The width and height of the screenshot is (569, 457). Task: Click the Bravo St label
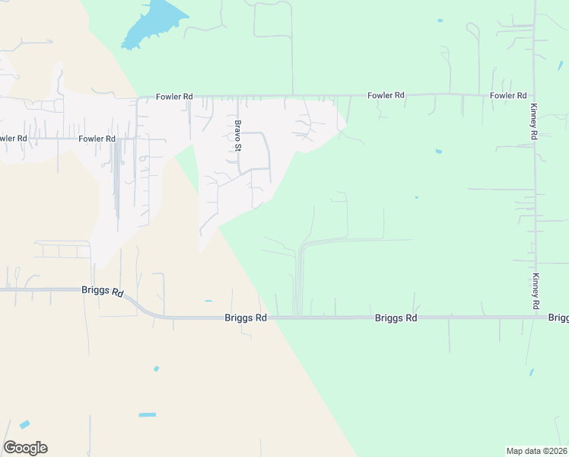pos(238,135)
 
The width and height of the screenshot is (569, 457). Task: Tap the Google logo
pos(25,448)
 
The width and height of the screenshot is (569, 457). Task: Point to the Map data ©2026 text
pos(536,451)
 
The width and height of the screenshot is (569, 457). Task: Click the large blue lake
pos(152,24)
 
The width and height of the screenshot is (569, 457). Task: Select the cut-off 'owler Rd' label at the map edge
pos(13,139)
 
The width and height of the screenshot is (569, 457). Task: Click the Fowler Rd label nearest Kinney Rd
pos(508,95)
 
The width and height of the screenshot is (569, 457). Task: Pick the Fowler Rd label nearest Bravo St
pos(174,97)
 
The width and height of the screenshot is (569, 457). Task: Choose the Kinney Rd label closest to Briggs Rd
pos(536,290)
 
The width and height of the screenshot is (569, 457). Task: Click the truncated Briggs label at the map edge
pos(558,318)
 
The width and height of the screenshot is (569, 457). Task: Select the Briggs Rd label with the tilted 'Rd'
pos(102,291)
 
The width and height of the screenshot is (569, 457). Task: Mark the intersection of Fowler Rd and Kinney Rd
pos(534,95)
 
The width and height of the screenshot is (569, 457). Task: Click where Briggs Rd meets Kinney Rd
pos(536,317)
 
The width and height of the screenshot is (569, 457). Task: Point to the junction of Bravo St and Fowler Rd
pos(237,97)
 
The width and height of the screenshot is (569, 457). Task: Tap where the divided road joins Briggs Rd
pos(298,317)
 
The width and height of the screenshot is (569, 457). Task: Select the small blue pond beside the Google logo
pos(25,424)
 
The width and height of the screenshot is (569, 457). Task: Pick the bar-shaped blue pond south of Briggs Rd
pos(148,414)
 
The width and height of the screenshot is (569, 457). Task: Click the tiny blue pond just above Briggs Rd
pos(208,302)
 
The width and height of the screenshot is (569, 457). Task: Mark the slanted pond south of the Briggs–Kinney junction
pos(531,372)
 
